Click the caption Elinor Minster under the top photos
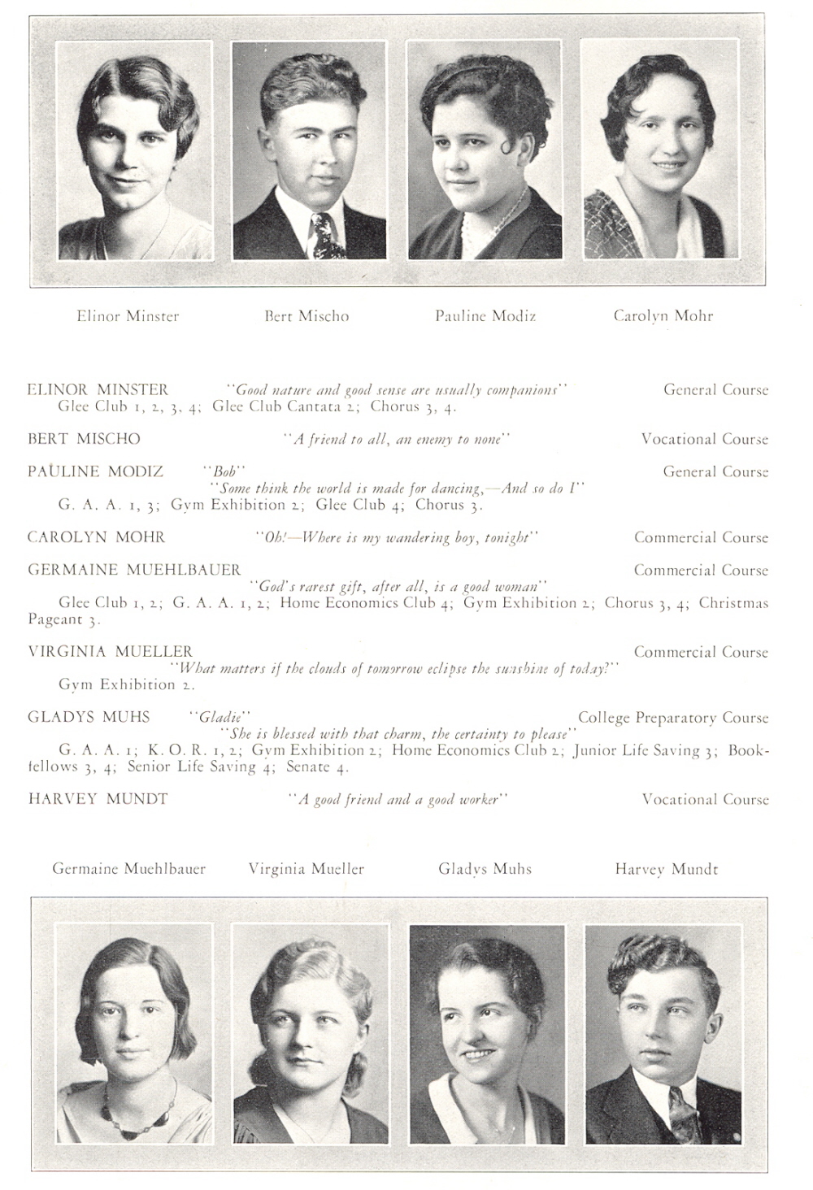click(128, 316)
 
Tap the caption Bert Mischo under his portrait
click(307, 316)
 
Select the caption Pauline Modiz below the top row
click(485, 316)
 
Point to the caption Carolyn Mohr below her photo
click(663, 316)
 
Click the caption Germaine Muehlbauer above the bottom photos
click(128, 869)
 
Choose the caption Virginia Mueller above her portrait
click(307, 869)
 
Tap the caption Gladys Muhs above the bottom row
click(485, 869)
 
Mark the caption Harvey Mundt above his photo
click(667, 869)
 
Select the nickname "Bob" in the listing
click(224, 471)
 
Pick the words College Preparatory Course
click(673, 718)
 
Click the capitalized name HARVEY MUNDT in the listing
click(98, 799)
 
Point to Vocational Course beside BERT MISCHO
click(704, 439)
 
